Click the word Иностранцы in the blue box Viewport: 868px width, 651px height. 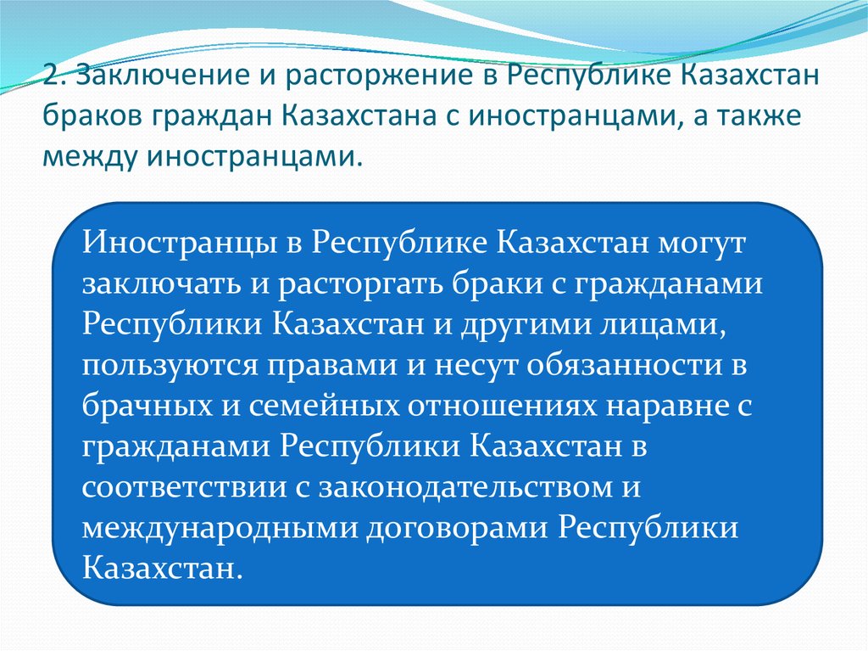(x=179, y=243)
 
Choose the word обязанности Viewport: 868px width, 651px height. (x=625, y=366)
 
